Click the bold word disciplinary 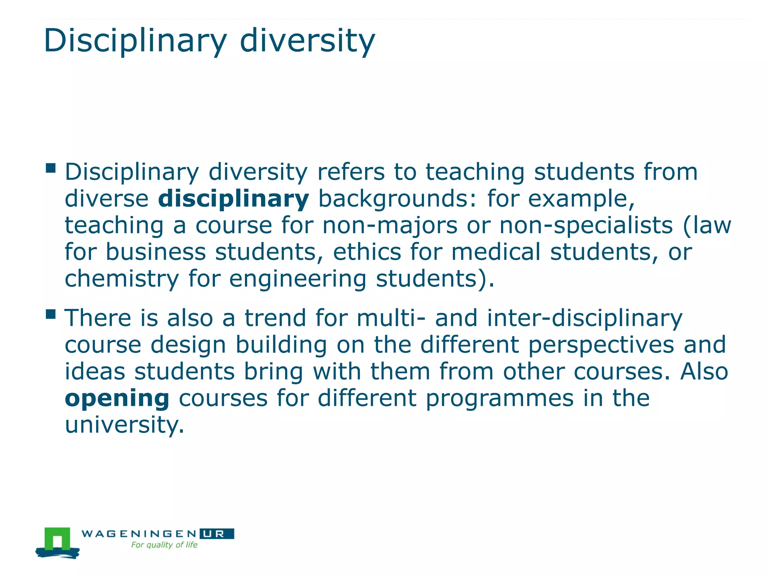pyautogui.click(x=233, y=199)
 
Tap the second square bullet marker pyautogui.click(x=51, y=314)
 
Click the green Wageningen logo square pyautogui.click(x=57, y=539)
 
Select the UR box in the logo pyautogui.click(x=217, y=534)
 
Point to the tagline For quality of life pyautogui.click(x=164, y=545)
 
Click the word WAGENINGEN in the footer pyautogui.click(x=139, y=534)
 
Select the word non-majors pyautogui.click(x=390, y=226)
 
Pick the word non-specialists pyautogui.click(x=586, y=226)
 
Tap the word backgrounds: pyautogui.click(x=398, y=199)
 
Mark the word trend pyautogui.click(x=275, y=318)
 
